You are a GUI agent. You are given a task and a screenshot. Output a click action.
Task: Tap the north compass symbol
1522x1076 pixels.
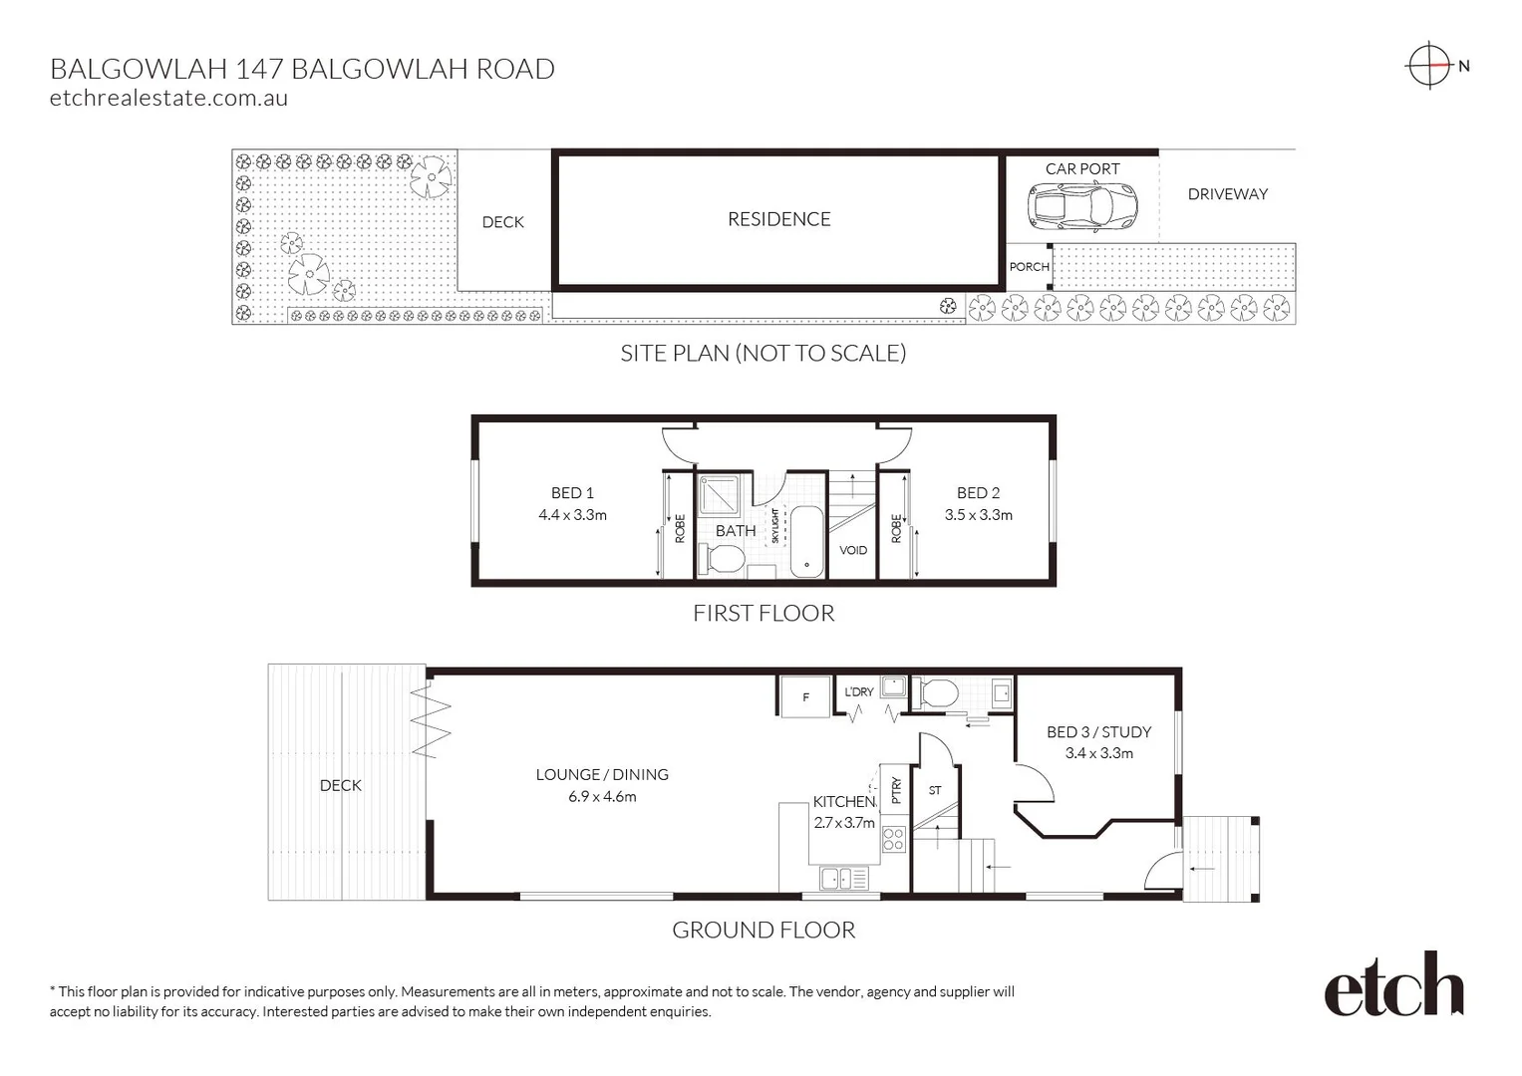tap(1430, 66)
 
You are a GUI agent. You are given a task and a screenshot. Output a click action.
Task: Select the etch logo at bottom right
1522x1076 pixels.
tap(1392, 985)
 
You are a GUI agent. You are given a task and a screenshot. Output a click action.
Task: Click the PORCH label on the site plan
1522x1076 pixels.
tap(1029, 267)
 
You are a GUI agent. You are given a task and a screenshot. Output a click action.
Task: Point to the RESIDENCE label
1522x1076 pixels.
tap(778, 219)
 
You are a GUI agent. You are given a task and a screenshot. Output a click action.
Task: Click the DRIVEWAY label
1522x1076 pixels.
tap(1227, 194)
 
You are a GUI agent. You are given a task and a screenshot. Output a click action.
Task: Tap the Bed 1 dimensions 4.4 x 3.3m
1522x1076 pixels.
tap(572, 515)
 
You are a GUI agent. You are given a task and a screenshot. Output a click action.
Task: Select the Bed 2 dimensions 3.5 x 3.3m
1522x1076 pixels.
tap(978, 515)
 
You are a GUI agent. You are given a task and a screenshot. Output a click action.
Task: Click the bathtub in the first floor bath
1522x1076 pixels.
tap(806, 541)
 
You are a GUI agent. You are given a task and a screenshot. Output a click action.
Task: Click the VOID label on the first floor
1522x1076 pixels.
tap(852, 550)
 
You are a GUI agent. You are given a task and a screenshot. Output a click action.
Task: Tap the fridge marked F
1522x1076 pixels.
tap(804, 696)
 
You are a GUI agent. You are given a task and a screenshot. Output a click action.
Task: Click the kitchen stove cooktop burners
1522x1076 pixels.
tap(893, 839)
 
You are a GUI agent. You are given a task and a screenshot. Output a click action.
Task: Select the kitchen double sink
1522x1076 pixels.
tap(842, 878)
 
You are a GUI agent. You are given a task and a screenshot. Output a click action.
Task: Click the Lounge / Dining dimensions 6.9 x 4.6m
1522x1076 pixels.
tap(601, 797)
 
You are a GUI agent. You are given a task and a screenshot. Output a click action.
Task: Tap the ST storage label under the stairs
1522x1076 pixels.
tap(935, 790)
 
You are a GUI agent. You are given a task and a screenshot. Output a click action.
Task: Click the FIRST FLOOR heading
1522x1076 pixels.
tap(763, 613)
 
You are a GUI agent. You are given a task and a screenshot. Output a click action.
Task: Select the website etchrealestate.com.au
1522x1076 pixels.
tap(168, 98)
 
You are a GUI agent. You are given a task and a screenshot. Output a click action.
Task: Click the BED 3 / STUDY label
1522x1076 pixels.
tap(1098, 731)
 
